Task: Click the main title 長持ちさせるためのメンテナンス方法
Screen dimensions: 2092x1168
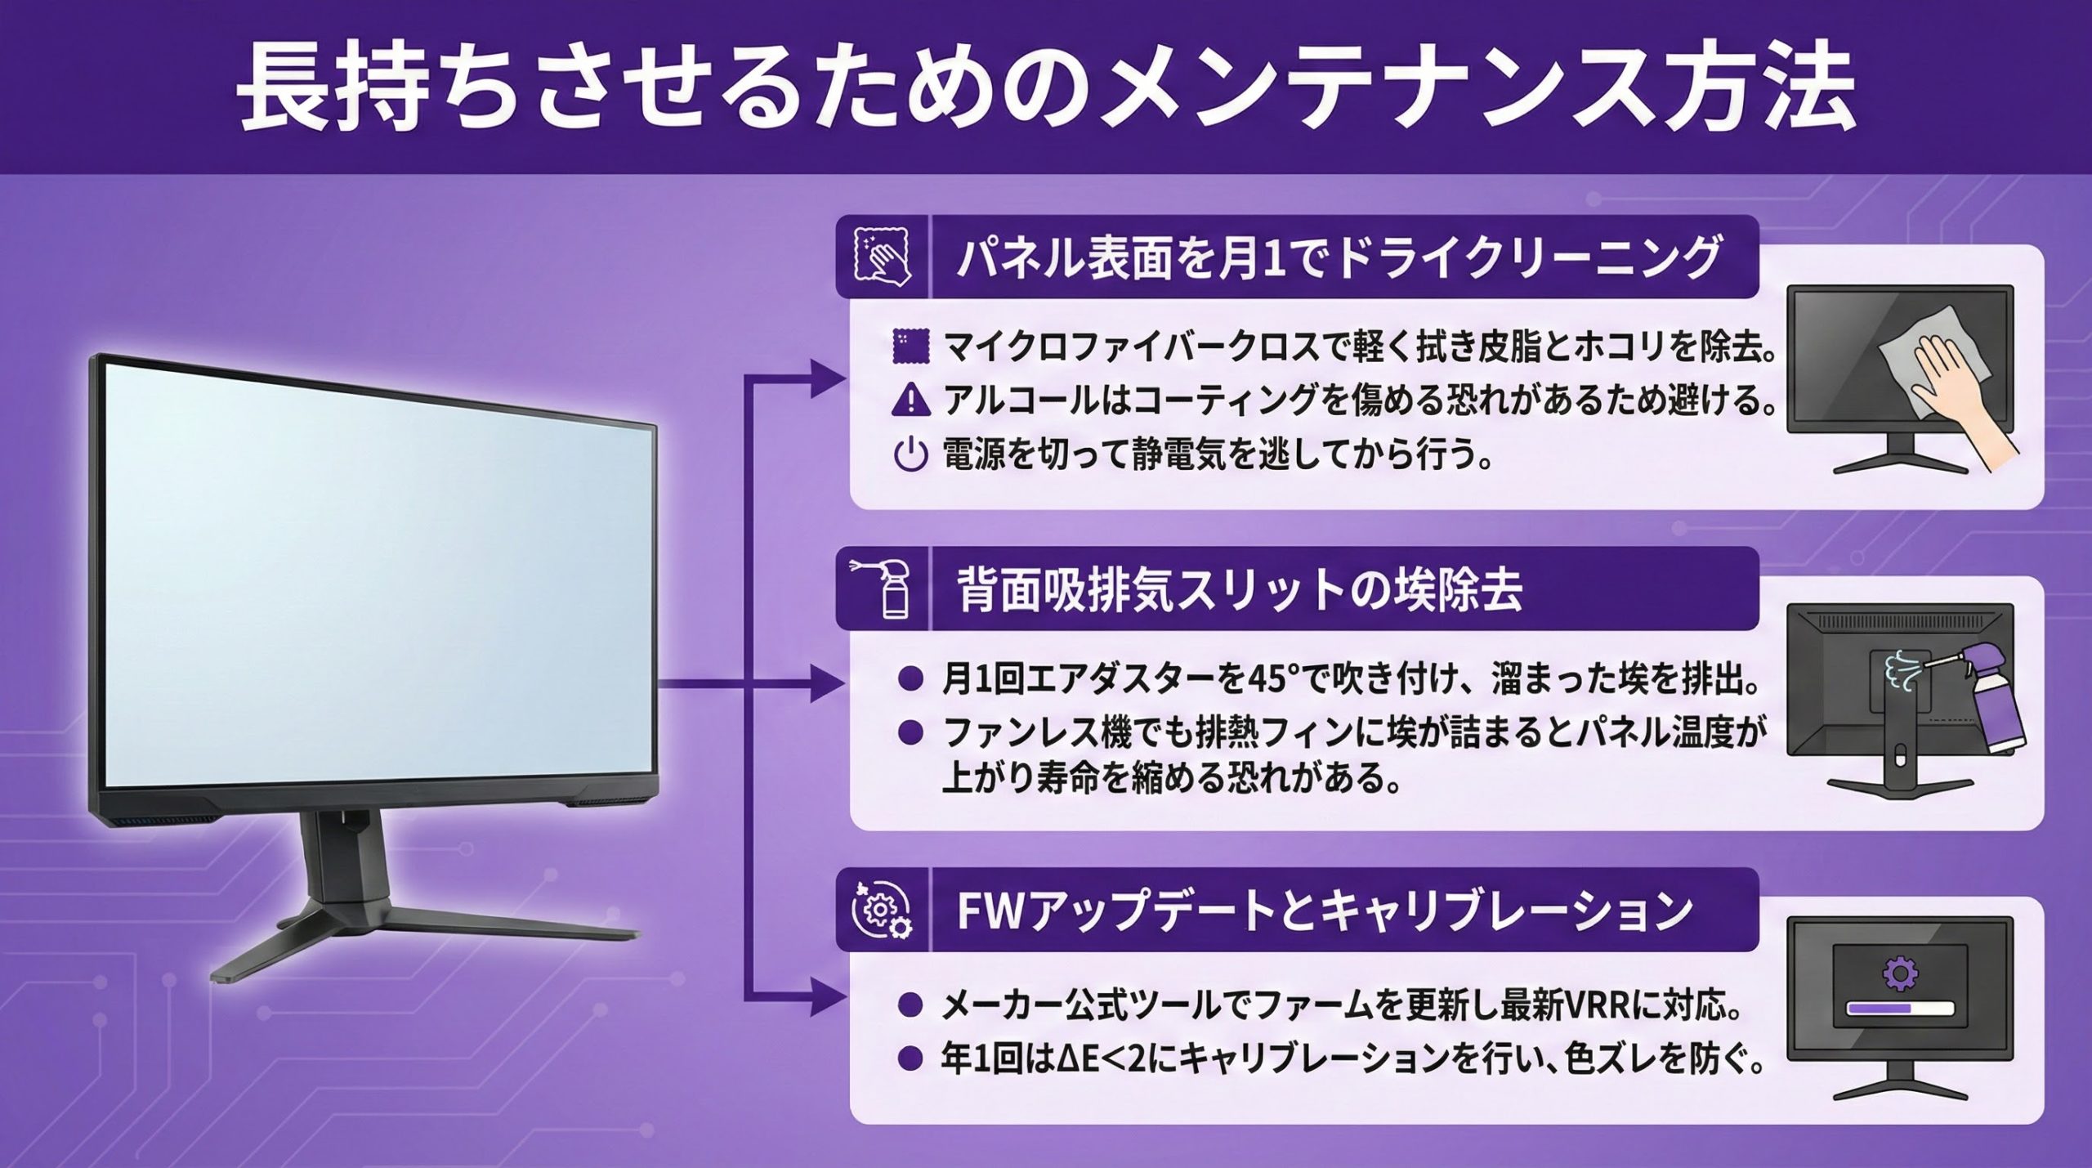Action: point(1047,89)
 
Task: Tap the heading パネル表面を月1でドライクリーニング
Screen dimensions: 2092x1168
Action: point(1339,257)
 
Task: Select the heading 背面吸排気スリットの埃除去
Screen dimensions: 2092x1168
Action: point(1240,589)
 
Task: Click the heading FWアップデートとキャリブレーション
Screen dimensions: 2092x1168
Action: point(1325,911)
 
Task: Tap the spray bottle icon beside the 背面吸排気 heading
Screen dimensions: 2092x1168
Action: point(883,588)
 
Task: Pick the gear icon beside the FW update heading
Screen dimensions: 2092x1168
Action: point(883,910)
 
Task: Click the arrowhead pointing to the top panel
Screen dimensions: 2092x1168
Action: point(825,381)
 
